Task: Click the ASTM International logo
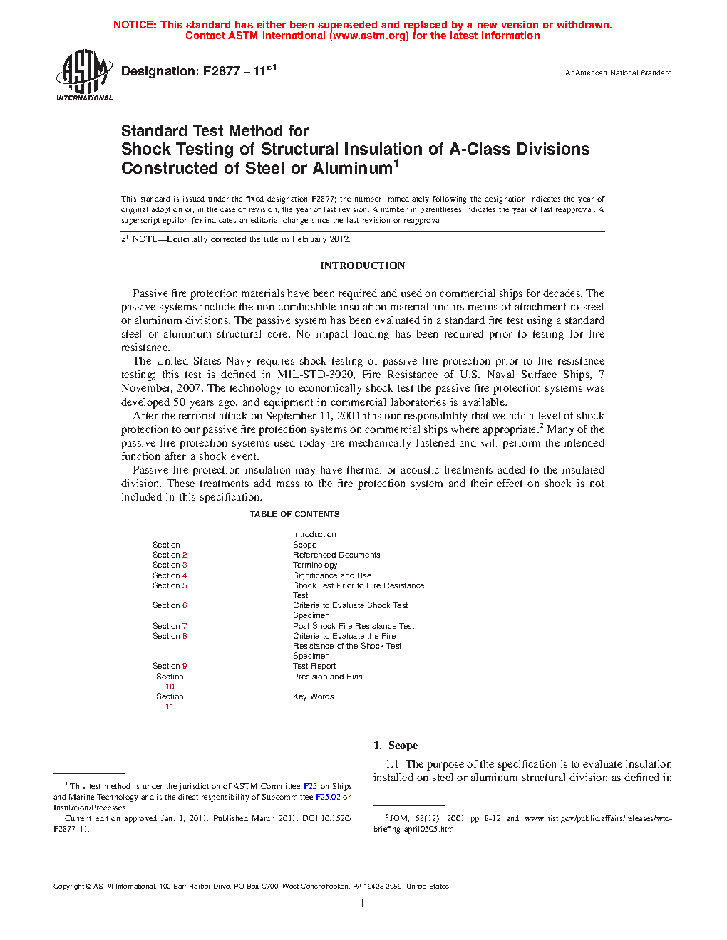[x=84, y=75]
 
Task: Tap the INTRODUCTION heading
[x=362, y=266]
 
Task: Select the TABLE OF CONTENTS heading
[x=294, y=514]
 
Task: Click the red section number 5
[x=185, y=585]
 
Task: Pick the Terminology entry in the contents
[x=315, y=565]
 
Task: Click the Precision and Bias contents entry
[x=327, y=677]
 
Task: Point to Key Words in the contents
[x=313, y=696]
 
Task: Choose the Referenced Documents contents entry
[x=336, y=555]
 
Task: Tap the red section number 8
[x=185, y=636]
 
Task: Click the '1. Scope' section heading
[x=396, y=746]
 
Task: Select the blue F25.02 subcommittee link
[x=328, y=797]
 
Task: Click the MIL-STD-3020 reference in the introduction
[x=316, y=375]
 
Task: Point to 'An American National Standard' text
[x=618, y=73]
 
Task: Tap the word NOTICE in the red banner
[x=135, y=25]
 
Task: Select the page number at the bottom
[x=362, y=904]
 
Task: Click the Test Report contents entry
[x=314, y=666]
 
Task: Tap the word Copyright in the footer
[x=68, y=887]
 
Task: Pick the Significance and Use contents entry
[x=331, y=575]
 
